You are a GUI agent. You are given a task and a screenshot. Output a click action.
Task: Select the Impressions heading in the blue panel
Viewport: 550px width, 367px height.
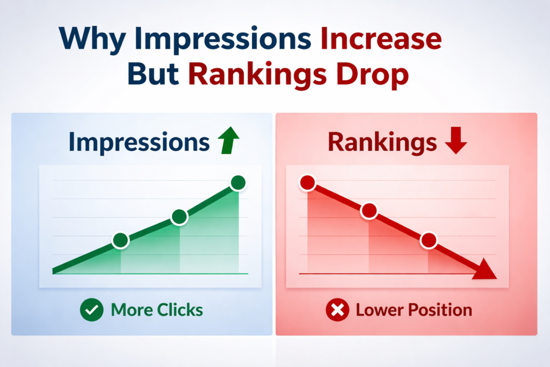tap(139, 142)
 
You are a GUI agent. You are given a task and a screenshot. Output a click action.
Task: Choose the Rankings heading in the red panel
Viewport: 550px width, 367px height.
tap(382, 142)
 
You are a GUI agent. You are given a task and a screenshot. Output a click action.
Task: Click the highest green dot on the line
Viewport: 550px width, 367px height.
tap(238, 183)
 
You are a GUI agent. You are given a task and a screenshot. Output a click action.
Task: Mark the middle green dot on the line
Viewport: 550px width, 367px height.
tap(179, 217)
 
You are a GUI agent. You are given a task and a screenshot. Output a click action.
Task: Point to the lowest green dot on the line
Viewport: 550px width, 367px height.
tap(121, 241)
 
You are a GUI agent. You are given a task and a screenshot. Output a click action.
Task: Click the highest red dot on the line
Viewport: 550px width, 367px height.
tap(307, 183)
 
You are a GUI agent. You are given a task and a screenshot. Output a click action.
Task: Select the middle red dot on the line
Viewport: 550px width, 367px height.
tap(370, 211)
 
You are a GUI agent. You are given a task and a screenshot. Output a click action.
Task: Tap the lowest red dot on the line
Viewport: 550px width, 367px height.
tap(429, 241)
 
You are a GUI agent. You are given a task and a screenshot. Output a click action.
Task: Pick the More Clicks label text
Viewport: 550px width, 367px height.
tap(157, 310)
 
